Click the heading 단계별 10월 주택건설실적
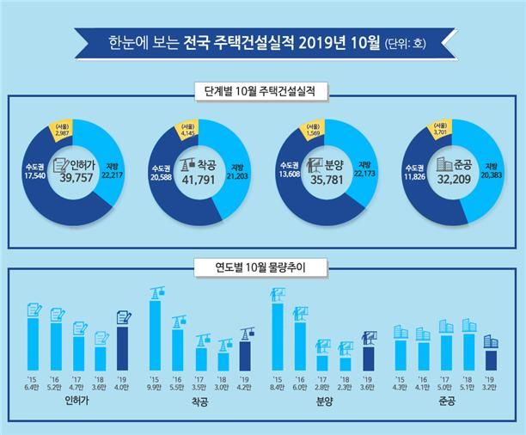click(x=263, y=89)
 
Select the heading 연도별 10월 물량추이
click(x=263, y=267)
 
